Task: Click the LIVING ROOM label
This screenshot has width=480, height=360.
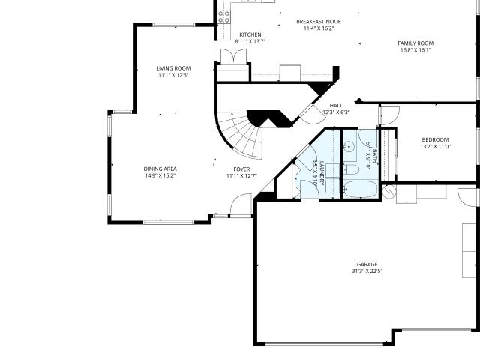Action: [x=173, y=68]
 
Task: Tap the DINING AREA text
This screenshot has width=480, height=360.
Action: [x=160, y=169]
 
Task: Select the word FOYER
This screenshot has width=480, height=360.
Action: [x=241, y=169]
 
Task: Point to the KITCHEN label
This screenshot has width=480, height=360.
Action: [x=250, y=34]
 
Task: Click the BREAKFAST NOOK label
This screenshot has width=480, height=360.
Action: [x=319, y=22]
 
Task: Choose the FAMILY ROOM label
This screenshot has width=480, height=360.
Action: [x=415, y=43]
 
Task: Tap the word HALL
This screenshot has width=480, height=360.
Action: [x=336, y=105]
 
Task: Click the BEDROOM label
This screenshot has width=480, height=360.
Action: [x=435, y=140]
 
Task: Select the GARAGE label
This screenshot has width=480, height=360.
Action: [x=367, y=264]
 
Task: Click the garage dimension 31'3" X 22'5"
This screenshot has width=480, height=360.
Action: [x=367, y=271]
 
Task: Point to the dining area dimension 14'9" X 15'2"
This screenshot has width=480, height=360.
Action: [x=160, y=175]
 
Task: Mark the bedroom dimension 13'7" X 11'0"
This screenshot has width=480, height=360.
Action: [x=435, y=147]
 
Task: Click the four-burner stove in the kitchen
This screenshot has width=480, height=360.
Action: [x=224, y=16]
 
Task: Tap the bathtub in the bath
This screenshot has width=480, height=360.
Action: [x=361, y=189]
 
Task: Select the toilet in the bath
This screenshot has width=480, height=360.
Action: [x=351, y=169]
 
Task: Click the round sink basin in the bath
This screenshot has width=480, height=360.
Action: [x=349, y=147]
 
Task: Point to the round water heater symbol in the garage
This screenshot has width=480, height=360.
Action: [x=389, y=191]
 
